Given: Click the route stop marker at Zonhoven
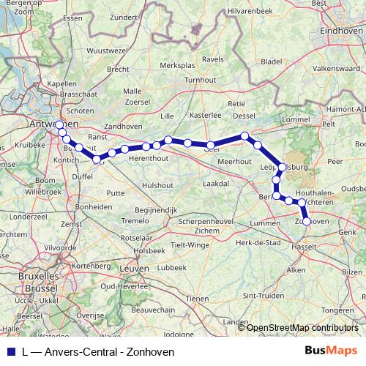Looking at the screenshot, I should [x=306, y=221].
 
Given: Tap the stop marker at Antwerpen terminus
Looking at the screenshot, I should [x=59, y=124].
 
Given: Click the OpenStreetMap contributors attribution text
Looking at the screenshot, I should [x=302, y=327].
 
